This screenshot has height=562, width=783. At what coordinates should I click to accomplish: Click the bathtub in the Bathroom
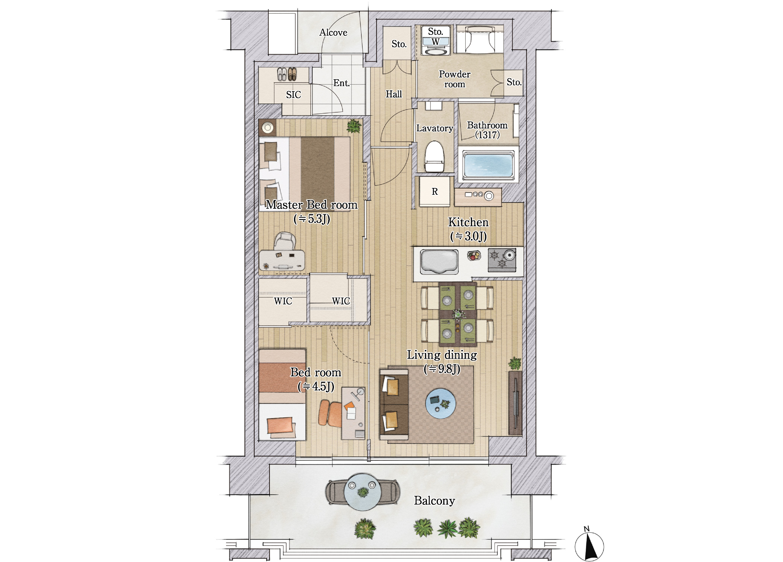pyautogui.click(x=488, y=166)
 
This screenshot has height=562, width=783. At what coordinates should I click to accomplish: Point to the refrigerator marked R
pyautogui.click(x=435, y=192)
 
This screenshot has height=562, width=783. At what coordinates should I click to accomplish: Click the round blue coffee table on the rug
pyautogui.click(x=440, y=403)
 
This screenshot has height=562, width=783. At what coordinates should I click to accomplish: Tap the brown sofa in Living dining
pyautogui.click(x=394, y=404)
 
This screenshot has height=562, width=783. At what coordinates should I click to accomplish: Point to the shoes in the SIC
pyautogui.click(x=287, y=74)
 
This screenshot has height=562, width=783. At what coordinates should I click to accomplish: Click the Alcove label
pyautogui.click(x=333, y=33)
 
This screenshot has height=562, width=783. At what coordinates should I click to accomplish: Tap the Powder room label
pyautogui.click(x=455, y=79)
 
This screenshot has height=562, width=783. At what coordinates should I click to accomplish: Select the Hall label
pyautogui.click(x=394, y=94)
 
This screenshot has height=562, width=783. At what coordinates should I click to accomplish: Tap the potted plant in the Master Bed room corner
pyautogui.click(x=353, y=126)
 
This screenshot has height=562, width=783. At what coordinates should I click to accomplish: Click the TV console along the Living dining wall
pyautogui.click(x=515, y=403)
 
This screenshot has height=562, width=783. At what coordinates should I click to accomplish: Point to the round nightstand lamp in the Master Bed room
pyautogui.click(x=268, y=128)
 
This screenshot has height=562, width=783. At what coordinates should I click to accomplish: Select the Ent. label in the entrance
pyautogui.click(x=341, y=83)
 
